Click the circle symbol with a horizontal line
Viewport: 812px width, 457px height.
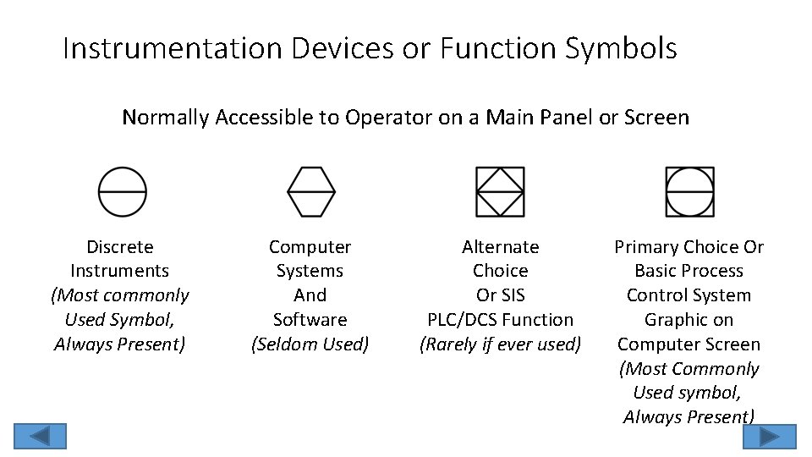(123, 191)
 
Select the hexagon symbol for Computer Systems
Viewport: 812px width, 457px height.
(311, 191)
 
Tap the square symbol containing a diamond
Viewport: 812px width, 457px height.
(500, 191)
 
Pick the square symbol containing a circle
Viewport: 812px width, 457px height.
(689, 191)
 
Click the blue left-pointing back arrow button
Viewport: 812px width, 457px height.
(38, 436)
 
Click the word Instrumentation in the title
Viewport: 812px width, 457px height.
(173, 49)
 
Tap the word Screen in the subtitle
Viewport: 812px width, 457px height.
(656, 117)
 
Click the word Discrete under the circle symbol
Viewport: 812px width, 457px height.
(120, 247)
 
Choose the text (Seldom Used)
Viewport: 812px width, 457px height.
(310, 344)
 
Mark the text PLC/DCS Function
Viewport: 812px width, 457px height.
(500, 320)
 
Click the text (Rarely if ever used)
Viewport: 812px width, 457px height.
(500, 344)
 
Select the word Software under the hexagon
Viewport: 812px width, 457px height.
(310, 320)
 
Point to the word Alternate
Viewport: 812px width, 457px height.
(500, 247)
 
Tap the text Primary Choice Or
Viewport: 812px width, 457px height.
(689, 247)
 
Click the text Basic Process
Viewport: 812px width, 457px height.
(689, 272)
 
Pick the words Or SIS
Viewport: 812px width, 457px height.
(500, 295)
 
